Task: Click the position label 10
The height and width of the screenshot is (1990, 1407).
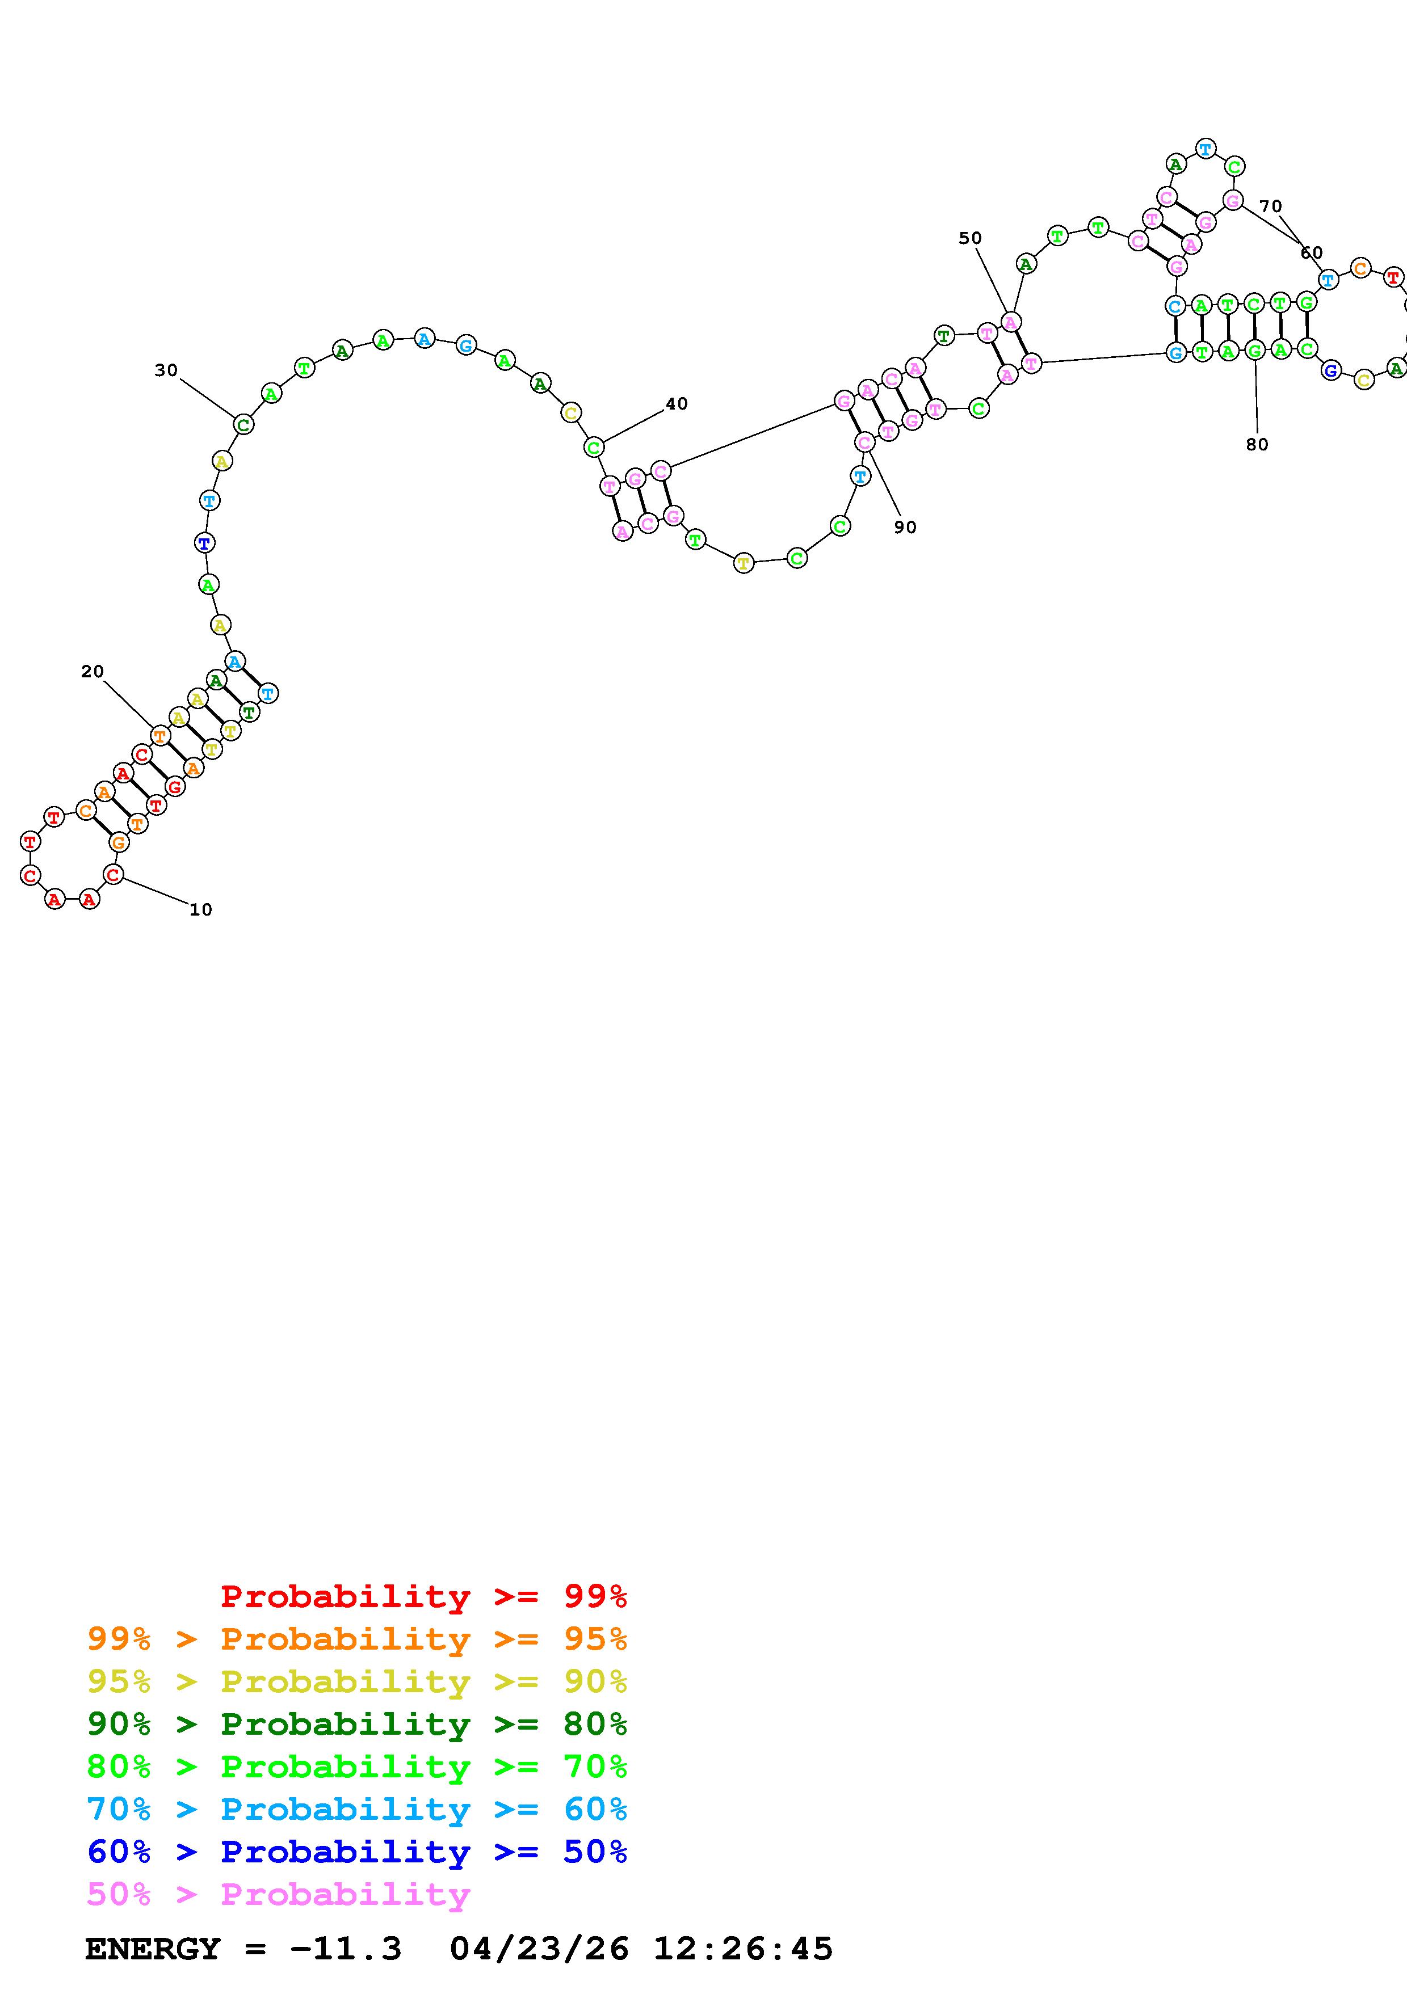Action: pos(200,909)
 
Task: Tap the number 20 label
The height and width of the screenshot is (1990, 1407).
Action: pos(92,671)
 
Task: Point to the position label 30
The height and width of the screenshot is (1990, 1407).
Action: pos(166,370)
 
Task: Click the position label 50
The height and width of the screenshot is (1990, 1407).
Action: pos(970,238)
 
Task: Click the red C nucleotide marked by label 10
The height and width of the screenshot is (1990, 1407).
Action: pos(113,875)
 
